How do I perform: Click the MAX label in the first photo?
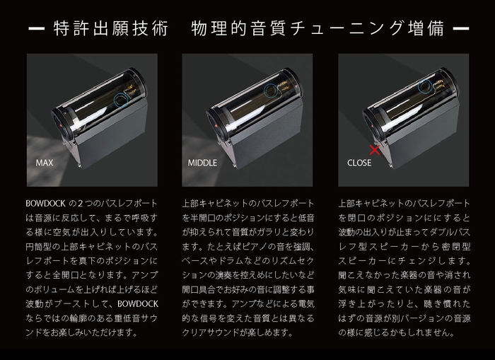pyautogui.click(x=45, y=162)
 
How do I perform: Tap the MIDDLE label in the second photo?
pyautogui.click(x=202, y=162)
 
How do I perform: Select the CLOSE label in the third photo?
pyautogui.click(x=359, y=162)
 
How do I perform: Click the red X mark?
pyautogui.click(x=375, y=149)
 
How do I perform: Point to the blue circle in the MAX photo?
pyautogui.click(x=123, y=98)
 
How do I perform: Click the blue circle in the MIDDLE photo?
pyautogui.click(x=272, y=90)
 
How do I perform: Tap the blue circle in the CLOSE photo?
pyautogui.click(x=424, y=86)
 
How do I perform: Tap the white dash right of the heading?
pyautogui.click(x=460, y=30)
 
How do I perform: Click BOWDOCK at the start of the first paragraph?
pyautogui.click(x=45, y=204)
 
